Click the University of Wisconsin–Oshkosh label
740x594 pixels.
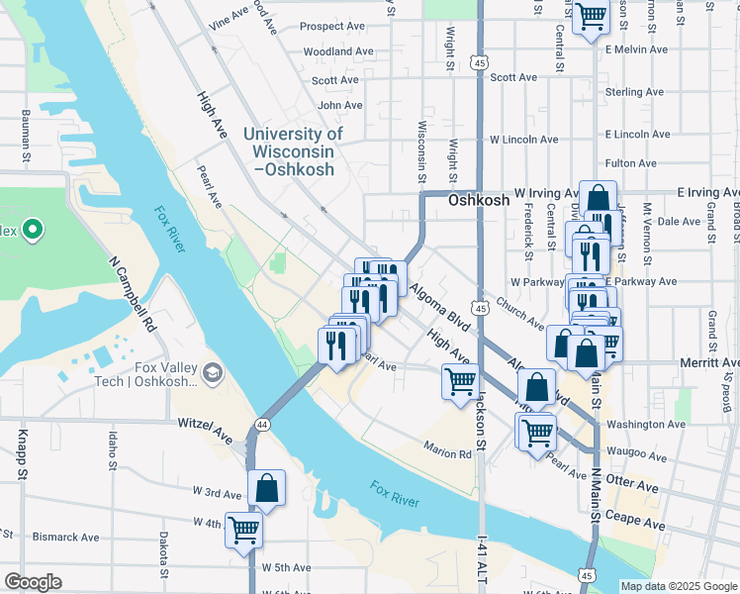coord(293,151)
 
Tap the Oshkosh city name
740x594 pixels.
coord(479,200)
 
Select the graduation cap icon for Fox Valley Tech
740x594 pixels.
coord(212,373)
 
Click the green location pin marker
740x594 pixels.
coord(32,231)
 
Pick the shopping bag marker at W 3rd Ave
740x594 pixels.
coord(266,488)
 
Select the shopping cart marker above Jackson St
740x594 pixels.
coord(460,381)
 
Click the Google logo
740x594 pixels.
coord(34,582)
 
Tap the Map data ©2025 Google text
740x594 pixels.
coord(678,586)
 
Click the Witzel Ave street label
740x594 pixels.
coord(205,423)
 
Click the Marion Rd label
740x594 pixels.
coord(449,454)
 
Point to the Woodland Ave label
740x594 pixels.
coord(338,51)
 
